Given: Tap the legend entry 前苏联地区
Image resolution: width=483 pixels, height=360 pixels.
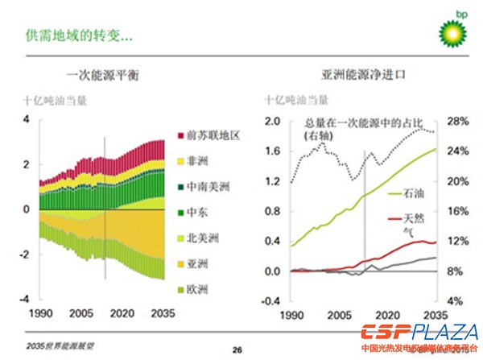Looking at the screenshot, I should coord(213,135).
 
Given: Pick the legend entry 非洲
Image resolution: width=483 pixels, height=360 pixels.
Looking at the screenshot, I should coord(198,161).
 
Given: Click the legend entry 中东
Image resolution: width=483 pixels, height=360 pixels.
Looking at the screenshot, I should coord(198,213).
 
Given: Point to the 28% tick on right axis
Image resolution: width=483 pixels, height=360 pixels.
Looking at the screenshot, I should coord(460,121).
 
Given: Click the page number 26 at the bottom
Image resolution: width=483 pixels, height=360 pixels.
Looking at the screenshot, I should coord(237,349).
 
